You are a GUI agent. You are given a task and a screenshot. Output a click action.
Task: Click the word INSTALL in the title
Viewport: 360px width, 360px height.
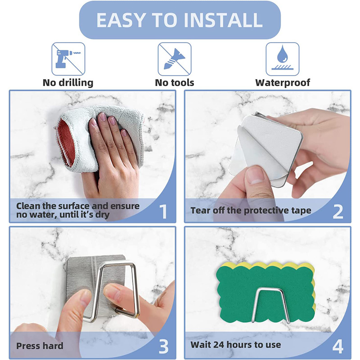223,20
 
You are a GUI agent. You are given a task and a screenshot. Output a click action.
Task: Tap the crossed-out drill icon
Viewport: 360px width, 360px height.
68,59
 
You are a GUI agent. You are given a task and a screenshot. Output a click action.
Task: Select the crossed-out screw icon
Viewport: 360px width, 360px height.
175,59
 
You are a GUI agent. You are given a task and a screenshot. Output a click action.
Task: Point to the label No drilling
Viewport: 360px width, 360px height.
68,83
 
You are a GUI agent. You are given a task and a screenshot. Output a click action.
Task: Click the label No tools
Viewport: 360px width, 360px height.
175,83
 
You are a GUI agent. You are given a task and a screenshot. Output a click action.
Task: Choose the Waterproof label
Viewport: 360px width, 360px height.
283,83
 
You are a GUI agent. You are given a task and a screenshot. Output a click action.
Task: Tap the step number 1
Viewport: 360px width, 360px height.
163,211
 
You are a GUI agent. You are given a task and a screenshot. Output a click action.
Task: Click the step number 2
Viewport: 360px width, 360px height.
338,211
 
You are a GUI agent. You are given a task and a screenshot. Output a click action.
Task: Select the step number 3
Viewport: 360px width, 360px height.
163,346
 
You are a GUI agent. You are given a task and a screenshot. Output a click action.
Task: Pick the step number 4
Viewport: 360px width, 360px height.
338,346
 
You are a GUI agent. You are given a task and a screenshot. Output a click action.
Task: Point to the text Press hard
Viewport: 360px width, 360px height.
40,346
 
